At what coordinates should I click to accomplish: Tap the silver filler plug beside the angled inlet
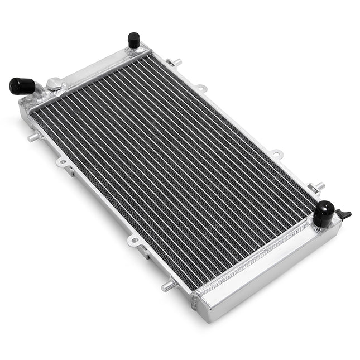click(55, 84)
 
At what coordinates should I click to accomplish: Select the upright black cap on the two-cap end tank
click(133, 40)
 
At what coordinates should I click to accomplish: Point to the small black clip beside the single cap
click(345, 215)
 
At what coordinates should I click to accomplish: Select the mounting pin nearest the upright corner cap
click(177, 61)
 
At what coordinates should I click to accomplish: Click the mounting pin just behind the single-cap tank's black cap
click(319, 186)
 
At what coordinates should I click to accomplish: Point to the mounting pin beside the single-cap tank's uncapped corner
click(167, 286)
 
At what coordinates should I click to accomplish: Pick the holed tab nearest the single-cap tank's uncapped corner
click(135, 241)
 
